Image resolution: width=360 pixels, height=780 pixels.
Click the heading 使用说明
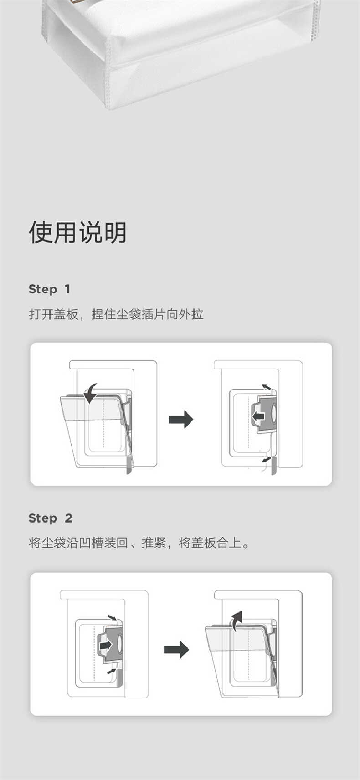click(77, 232)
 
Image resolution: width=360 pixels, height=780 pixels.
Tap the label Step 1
click(49, 289)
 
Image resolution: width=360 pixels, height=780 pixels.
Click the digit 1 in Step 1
click(67, 289)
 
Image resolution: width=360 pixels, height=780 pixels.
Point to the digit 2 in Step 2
click(68, 518)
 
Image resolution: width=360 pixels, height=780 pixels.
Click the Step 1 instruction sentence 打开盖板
click(116, 314)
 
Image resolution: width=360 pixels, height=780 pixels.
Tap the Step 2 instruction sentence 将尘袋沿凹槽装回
click(139, 543)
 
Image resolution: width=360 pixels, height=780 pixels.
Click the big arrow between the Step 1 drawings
click(181, 419)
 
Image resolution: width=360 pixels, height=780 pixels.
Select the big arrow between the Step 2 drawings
click(176, 649)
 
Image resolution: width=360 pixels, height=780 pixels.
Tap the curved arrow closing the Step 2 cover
click(236, 621)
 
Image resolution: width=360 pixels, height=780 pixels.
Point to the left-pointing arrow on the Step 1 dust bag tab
click(258, 416)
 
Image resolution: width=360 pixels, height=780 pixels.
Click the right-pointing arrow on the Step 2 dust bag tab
click(106, 645)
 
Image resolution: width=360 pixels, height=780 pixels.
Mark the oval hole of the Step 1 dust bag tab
click(274, 412)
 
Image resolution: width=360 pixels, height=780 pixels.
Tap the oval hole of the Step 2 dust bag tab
click(120, 643)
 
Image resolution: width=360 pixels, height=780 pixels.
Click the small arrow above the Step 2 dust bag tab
click(112, 617)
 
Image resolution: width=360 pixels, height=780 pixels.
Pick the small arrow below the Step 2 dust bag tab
click(111, 671)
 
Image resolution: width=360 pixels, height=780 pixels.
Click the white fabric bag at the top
click(182, 50)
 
